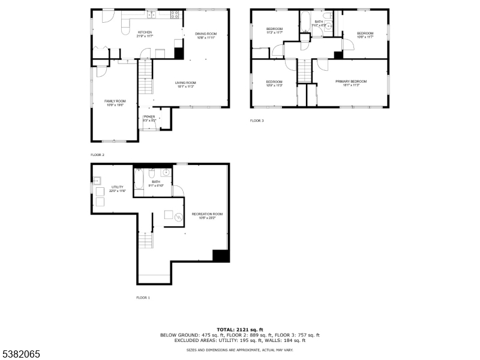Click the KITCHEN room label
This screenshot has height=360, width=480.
(145, 32)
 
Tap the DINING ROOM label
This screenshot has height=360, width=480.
(206, 34)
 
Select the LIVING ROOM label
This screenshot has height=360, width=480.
(185, 83)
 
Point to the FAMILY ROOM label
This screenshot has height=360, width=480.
(115, 101)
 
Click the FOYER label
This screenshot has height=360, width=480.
(149, 116)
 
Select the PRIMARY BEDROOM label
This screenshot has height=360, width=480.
(351, 81)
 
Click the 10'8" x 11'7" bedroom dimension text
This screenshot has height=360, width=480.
(365, 37)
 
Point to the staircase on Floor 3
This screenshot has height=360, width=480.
(305, 73)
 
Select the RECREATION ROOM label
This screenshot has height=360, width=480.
(207, 214)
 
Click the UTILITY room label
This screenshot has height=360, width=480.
(118, 187)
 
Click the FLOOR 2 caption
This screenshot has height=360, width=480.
(97, 155)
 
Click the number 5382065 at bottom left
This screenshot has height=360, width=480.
(20, 355)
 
